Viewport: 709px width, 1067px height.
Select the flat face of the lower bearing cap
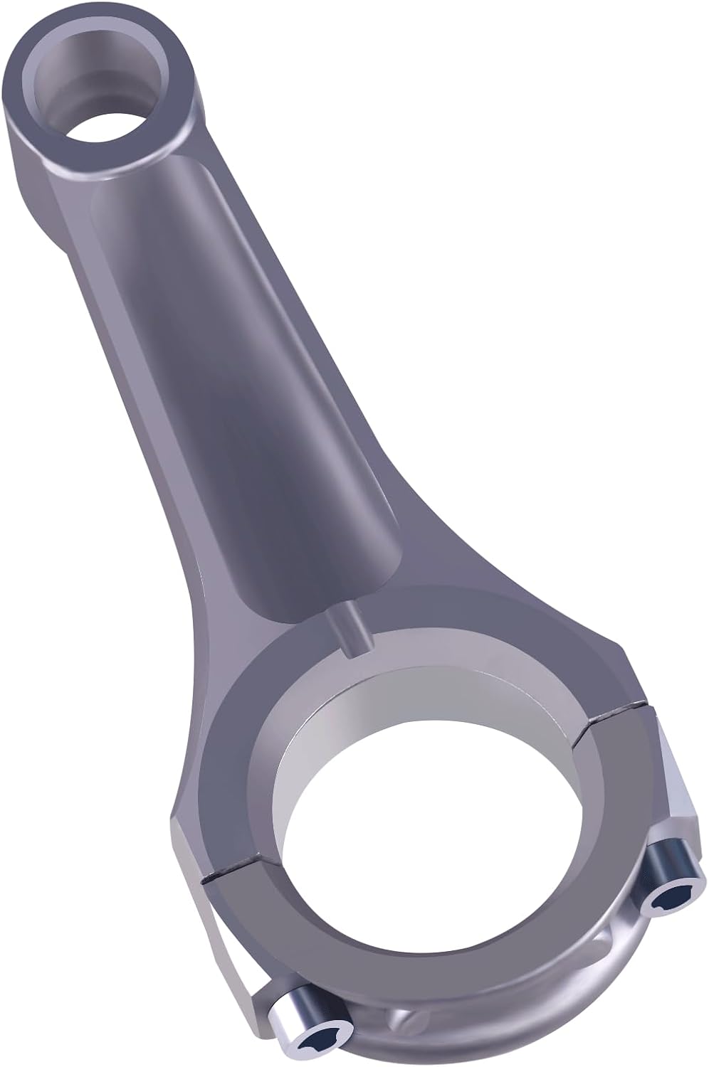pos(498,932)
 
